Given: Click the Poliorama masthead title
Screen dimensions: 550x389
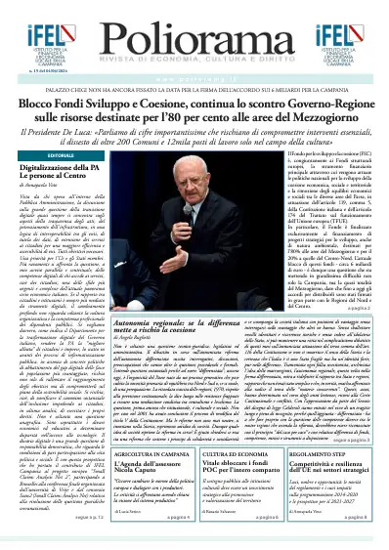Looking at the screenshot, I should coord(194,24).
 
